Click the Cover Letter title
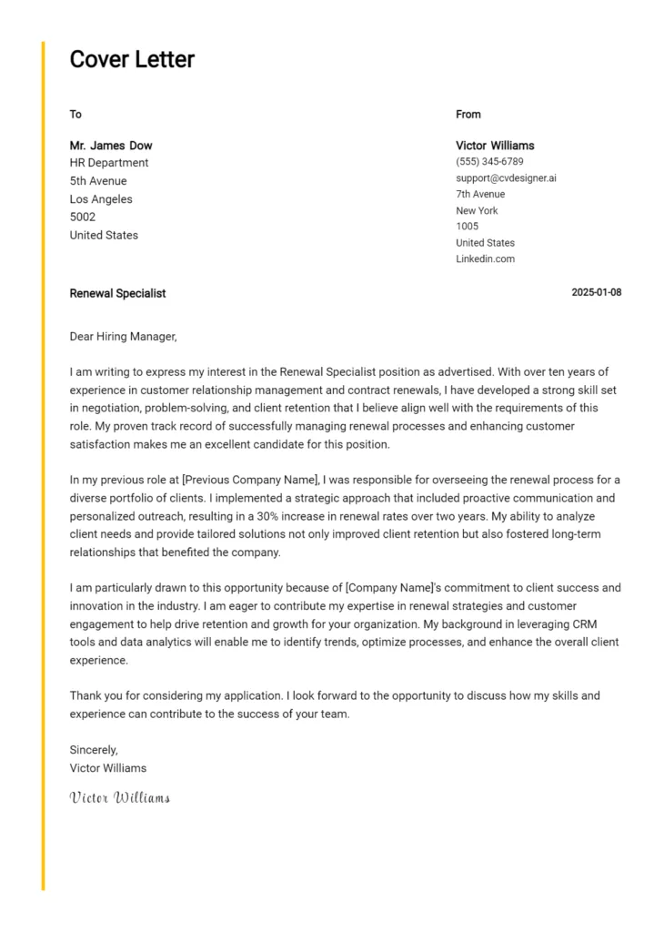click(132, 60)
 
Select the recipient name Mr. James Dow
click(111, 146)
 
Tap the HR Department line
click(109, 163)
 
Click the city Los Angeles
click(101, 199)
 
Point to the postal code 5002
click(83, 218)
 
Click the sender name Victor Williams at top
click(495, 146)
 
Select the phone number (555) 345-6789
click(489, 162)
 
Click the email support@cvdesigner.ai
click(506, 178)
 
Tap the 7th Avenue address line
click(480, 195)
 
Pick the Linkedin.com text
click(485, 259)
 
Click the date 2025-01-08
click(596, 293)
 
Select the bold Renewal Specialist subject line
click(117, 294)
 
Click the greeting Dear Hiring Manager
click(123, 337)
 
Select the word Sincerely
click(94, 750)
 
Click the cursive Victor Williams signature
click(119, 798)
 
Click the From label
click(468, 115)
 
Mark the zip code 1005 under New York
click(467, 227)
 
